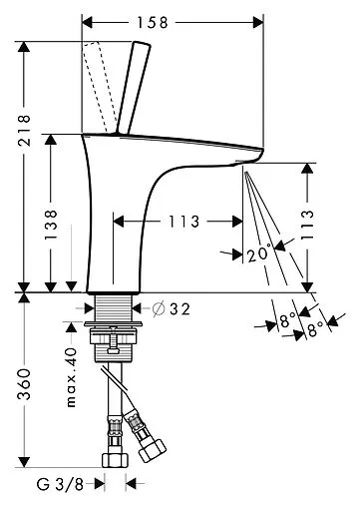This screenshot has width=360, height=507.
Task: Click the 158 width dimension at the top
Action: click(153, 23)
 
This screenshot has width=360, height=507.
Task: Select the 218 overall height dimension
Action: click(24, 131)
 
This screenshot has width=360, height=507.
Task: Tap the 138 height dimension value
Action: click(51, 225)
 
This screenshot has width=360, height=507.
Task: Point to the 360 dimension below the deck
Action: click(24, 383)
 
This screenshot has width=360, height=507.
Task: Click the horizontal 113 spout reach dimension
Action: click(184, 222)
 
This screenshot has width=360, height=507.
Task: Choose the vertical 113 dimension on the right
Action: click(307, 225)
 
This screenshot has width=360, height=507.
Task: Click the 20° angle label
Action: click(258, 253)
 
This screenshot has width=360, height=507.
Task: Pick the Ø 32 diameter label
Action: click(172, 308)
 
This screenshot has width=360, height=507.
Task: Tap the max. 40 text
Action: click(71, 377)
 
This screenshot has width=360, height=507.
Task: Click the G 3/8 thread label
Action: click(60, 484)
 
